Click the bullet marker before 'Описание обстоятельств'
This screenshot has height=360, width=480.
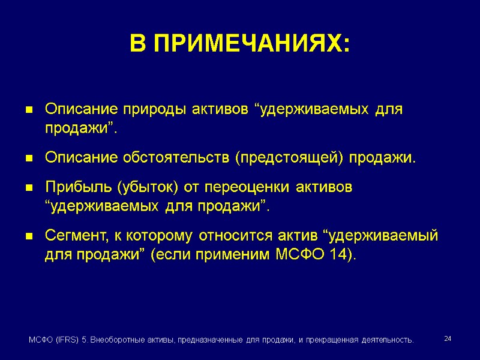(28, 160)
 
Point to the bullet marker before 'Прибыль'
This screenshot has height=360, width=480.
(28, 188)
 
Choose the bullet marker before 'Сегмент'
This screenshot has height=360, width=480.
(28, 237)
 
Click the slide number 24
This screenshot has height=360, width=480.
(448, 340)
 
